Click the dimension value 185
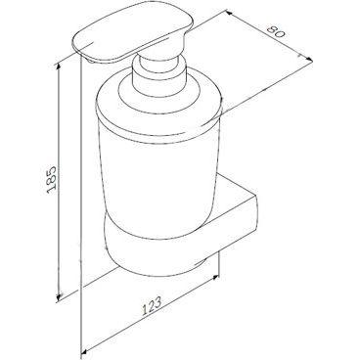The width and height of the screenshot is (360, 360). pyautogui.click(x=52, y=180)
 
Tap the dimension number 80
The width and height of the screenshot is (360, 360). pyautogui.click(x=276, y=30)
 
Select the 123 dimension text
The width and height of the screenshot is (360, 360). pyautogui.click(x=152, y=306)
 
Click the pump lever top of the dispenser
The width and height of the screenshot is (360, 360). pyautogui.click(x=132, y=31)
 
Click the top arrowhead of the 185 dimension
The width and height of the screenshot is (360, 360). pyautogui.click(x=59, y=67)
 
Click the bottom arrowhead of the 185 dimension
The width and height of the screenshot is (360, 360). pyautogui.click(x=59, y=295)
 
